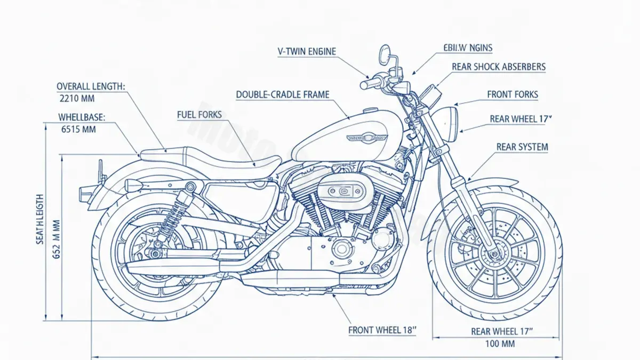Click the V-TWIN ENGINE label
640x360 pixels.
(307, 51)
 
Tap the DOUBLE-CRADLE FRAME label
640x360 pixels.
(283, 94)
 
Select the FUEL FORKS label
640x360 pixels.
(199, 114)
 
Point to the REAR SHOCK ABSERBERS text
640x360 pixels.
(498, 67)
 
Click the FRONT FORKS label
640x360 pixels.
(513, 95)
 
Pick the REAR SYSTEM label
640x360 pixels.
(522, 147)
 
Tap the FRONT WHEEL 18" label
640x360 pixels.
(382, 330)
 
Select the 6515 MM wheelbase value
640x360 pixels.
(78, 129)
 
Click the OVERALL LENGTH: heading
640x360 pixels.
(90, 86)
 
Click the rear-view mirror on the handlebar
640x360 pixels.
(385, 53)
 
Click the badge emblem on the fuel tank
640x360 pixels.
(367, 137)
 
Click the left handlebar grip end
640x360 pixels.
(364, 85)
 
